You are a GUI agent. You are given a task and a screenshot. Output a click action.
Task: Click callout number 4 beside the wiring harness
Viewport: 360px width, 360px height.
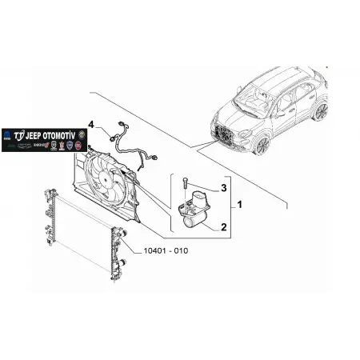[93, 125]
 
